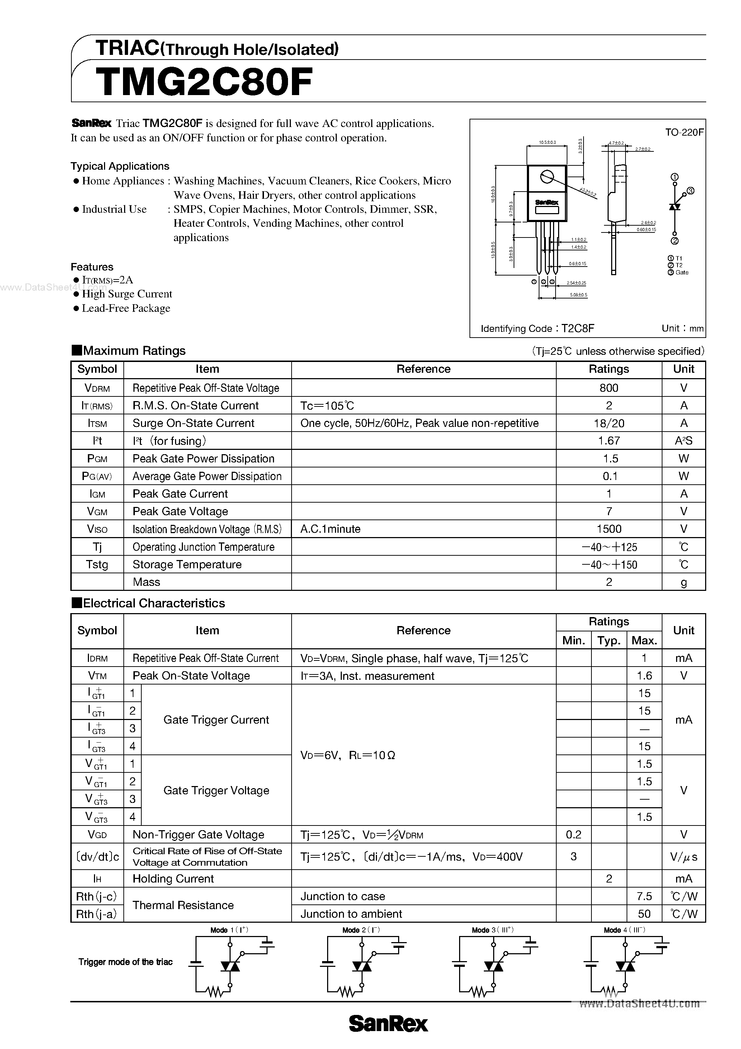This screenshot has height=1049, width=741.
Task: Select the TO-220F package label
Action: pyautogui.click(x=684, y=132)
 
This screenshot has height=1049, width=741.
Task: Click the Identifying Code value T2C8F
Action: pyautogui.click(x=578, y=329)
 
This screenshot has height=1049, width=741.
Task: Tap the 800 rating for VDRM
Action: pyautogui.click(x=609, y=388)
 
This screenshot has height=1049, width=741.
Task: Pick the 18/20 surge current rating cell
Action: pyautogui.click(x=609, y=423)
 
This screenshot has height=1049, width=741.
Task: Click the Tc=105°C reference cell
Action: pyautogui.click(x=327, y=406)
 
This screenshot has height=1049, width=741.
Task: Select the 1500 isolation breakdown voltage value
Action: pyautogui.click(x=609, y=529)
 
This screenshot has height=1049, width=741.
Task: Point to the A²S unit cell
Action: pyautogui.click(x=684, y=441)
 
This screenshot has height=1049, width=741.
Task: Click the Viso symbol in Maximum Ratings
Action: pyautogui.click(x=97, y=529)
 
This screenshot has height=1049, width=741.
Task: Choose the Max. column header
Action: pyautogui.click(x=644, y=640)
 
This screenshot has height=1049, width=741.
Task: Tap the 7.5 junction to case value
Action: pyautogui.click(x=644, y=897)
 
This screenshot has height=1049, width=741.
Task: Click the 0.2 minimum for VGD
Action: pyautogui.click(x=574, y=835)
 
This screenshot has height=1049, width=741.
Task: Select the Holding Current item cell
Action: pyautogui.click(x=173, y=879)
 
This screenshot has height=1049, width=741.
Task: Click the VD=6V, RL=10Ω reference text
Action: pyautogui.click(x=348, y=755)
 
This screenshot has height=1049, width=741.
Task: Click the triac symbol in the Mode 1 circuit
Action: pyautogui.click(x=230, y=966)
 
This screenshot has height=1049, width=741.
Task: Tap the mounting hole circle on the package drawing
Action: pyautogui.click(x=547, y=177)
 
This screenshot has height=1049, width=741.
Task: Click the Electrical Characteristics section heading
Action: pyautogui.click(x=154, y=603)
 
